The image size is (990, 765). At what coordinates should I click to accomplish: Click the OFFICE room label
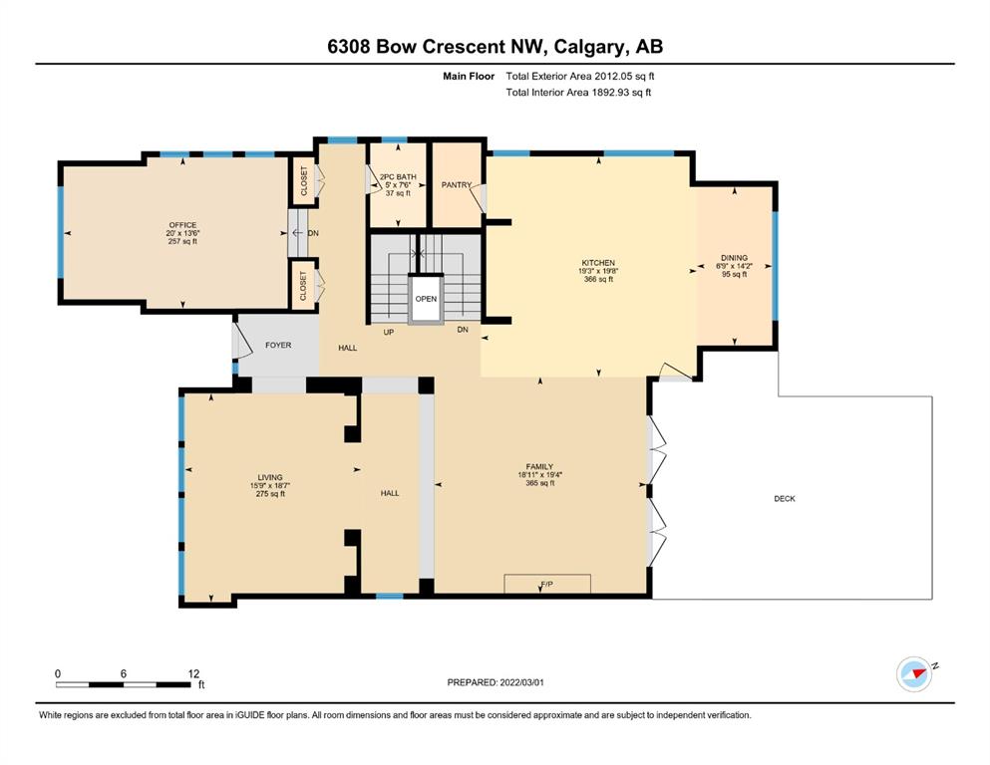[182, 225]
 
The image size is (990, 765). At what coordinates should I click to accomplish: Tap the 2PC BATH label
[398, 177]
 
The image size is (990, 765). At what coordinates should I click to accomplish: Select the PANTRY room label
[457, 185]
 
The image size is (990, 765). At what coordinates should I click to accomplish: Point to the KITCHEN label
[598, 263]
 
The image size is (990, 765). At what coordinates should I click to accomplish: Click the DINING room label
[735, 258]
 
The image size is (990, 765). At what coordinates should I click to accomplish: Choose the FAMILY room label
[539, 467]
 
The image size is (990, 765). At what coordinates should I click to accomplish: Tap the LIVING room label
[270, 477]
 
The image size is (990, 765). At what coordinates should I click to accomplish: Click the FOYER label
[278, 345]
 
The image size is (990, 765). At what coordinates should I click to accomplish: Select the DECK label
[785, 499]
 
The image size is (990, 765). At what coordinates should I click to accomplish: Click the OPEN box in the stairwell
[426, 299]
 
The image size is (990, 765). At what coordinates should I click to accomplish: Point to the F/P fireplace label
[547, 585]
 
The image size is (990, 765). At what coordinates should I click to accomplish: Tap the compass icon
[915, 674]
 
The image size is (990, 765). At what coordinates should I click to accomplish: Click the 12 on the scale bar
[193, 673]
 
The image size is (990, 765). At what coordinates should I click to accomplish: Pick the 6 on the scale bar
[123, 673]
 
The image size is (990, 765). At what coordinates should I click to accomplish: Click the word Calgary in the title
[591, 47]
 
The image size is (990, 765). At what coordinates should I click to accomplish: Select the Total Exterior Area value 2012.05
[612, 77]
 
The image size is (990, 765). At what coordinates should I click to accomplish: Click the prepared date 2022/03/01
[521, 682]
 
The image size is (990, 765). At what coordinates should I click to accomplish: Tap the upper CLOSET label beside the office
[304, 180]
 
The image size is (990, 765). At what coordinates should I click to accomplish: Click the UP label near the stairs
[388, 332]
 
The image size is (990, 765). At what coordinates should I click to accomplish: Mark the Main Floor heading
[469, 77]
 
